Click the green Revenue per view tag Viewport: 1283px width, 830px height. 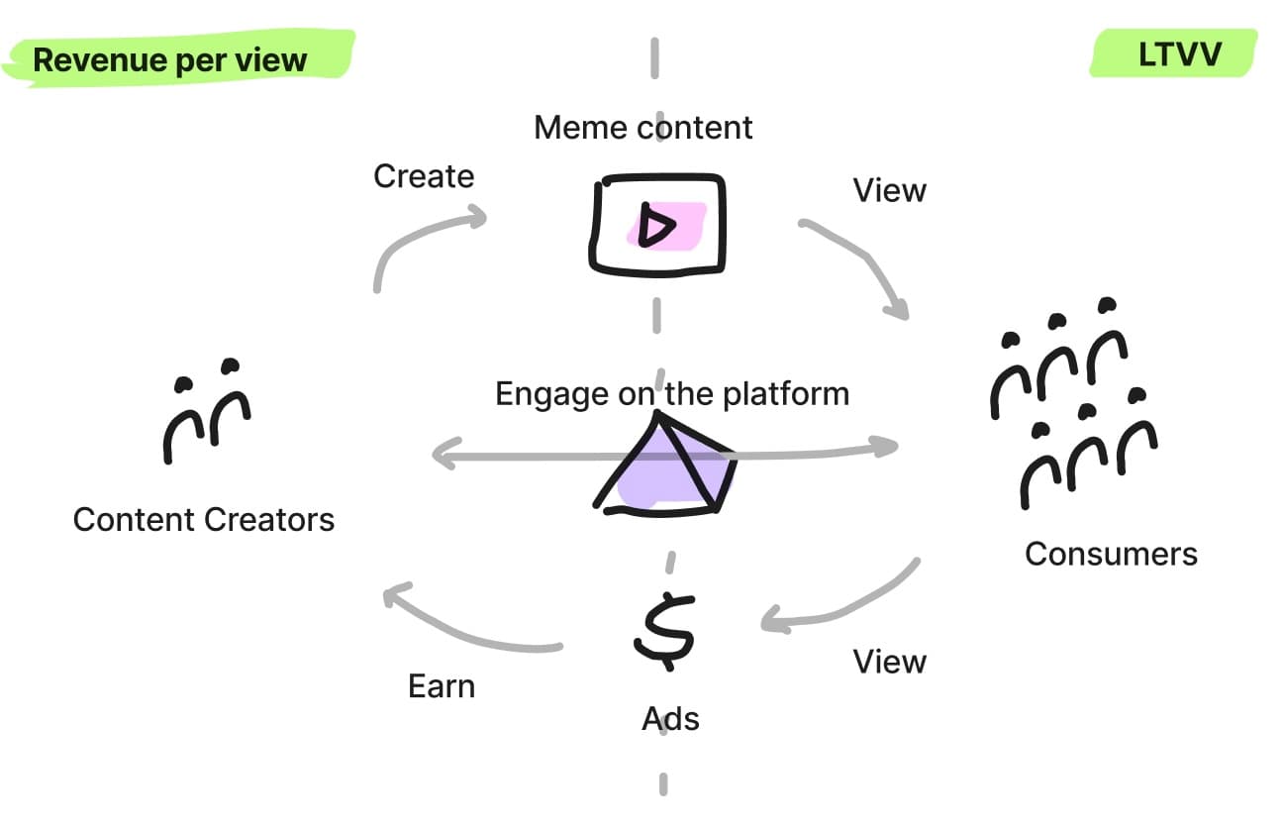pyautogui.click(x=170, y=59)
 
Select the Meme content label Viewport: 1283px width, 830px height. pyautogui.click(x=643, y=128)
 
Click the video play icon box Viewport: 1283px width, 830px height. pyautogui.click(x=657, y=225)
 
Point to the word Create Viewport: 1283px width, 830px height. pyautogui.click(x=424, y=176)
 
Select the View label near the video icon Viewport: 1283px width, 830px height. pyautogui.click(x=889, y=190)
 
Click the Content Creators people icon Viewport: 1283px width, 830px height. pyautogui.click(x=206, y=410)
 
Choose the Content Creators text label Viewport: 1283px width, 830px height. pyautogui.click(x=204, y=519)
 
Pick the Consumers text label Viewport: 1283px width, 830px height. pyautogui.click(x=1111, y=553)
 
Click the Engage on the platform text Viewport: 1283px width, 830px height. pyautogui.click(x=672, y=394)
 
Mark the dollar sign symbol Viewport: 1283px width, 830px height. pyautogui.click(x=664, y=630)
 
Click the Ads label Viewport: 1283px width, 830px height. pyautogui.click(x=670, y=718)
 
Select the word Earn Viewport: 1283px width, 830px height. pyautogui.click(x=442, y=686)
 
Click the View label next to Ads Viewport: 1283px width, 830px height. pyautogui.click(x=889, y=661)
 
